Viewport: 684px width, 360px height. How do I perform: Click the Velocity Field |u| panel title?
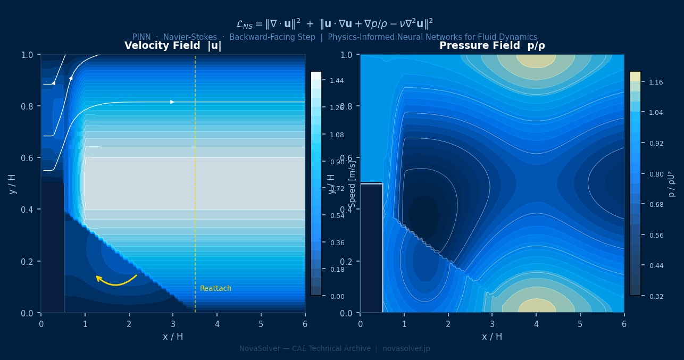[173, 46]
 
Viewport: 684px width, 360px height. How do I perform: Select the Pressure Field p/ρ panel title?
[492, 46]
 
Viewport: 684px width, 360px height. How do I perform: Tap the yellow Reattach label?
[215, 289]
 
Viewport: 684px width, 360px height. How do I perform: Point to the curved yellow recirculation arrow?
[115, 280]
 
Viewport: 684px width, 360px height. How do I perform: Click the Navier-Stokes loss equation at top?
[335, 23]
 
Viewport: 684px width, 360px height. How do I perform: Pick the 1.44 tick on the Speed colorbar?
[337, 81]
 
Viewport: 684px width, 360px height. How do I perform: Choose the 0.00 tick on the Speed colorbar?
[337, 296]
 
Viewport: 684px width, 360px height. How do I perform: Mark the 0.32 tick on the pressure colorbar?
[655, 296]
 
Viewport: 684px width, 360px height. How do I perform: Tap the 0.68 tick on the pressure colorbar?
[655, 205]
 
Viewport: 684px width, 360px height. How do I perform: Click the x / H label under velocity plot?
[173, 337]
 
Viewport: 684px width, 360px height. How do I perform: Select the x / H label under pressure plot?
[492, 337]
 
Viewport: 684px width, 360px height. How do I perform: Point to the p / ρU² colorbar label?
[672, 184]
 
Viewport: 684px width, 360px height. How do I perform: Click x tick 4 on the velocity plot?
[217, 323]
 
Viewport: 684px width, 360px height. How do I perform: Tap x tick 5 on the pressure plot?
[580, 323]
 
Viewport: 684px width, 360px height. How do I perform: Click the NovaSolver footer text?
[335, 349]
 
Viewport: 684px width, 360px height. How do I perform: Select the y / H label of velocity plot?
[13, 184]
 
